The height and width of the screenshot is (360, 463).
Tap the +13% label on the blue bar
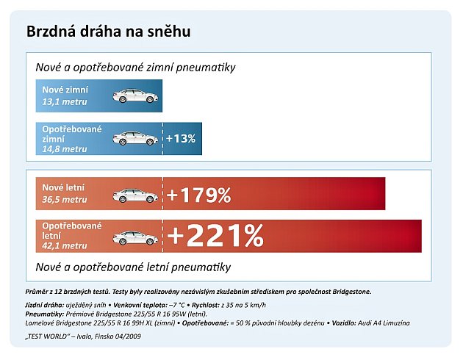(181, 138)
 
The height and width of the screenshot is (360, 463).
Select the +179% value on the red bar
(199, 195)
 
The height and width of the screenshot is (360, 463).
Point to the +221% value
(215, 236)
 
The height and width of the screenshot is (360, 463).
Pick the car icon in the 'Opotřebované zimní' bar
(134, 138)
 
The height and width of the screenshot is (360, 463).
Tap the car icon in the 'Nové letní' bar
(134, 195)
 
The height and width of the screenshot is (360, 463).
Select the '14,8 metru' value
(65, 149)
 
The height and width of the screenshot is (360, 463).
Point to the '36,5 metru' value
(65, 200)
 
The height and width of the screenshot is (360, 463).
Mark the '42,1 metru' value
(65, 245)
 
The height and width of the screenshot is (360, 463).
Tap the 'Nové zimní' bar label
(65, 90)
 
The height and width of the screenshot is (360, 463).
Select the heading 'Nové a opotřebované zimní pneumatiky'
(135, 67)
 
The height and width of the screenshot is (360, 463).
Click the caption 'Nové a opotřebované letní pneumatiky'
(133, 266)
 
